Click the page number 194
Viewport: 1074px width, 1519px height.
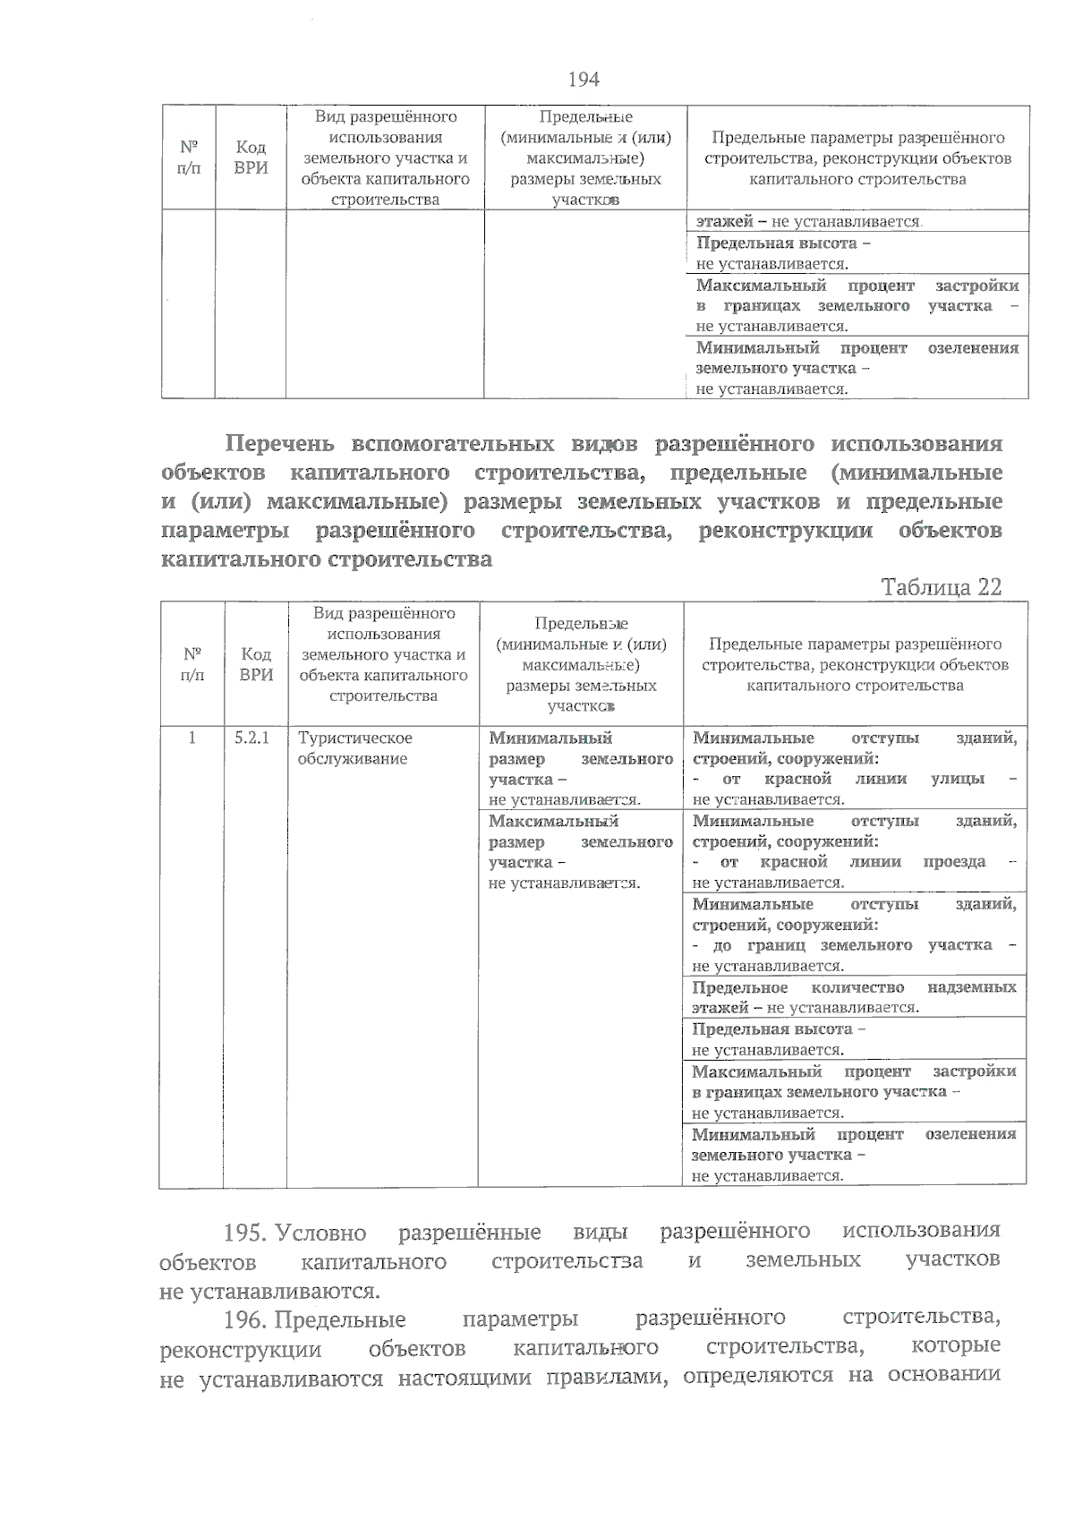(584, 80)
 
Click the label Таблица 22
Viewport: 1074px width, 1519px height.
(941, 587)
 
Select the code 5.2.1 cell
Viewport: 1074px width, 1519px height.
(252, 738)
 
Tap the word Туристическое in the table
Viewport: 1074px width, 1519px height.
(354, 738)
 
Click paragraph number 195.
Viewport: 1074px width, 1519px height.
(246, 1233)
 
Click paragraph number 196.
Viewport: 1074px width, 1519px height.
(246, 1319)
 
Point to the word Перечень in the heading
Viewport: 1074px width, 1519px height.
(279, 444)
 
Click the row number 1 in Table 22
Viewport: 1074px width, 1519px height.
(192, 738)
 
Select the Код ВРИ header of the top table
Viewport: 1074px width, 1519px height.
(251, 158)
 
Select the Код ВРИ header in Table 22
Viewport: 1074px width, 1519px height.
(256, 664)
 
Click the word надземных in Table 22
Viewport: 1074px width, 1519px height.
(972, 987)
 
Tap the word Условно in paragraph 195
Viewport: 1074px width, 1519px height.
(321, 1233)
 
